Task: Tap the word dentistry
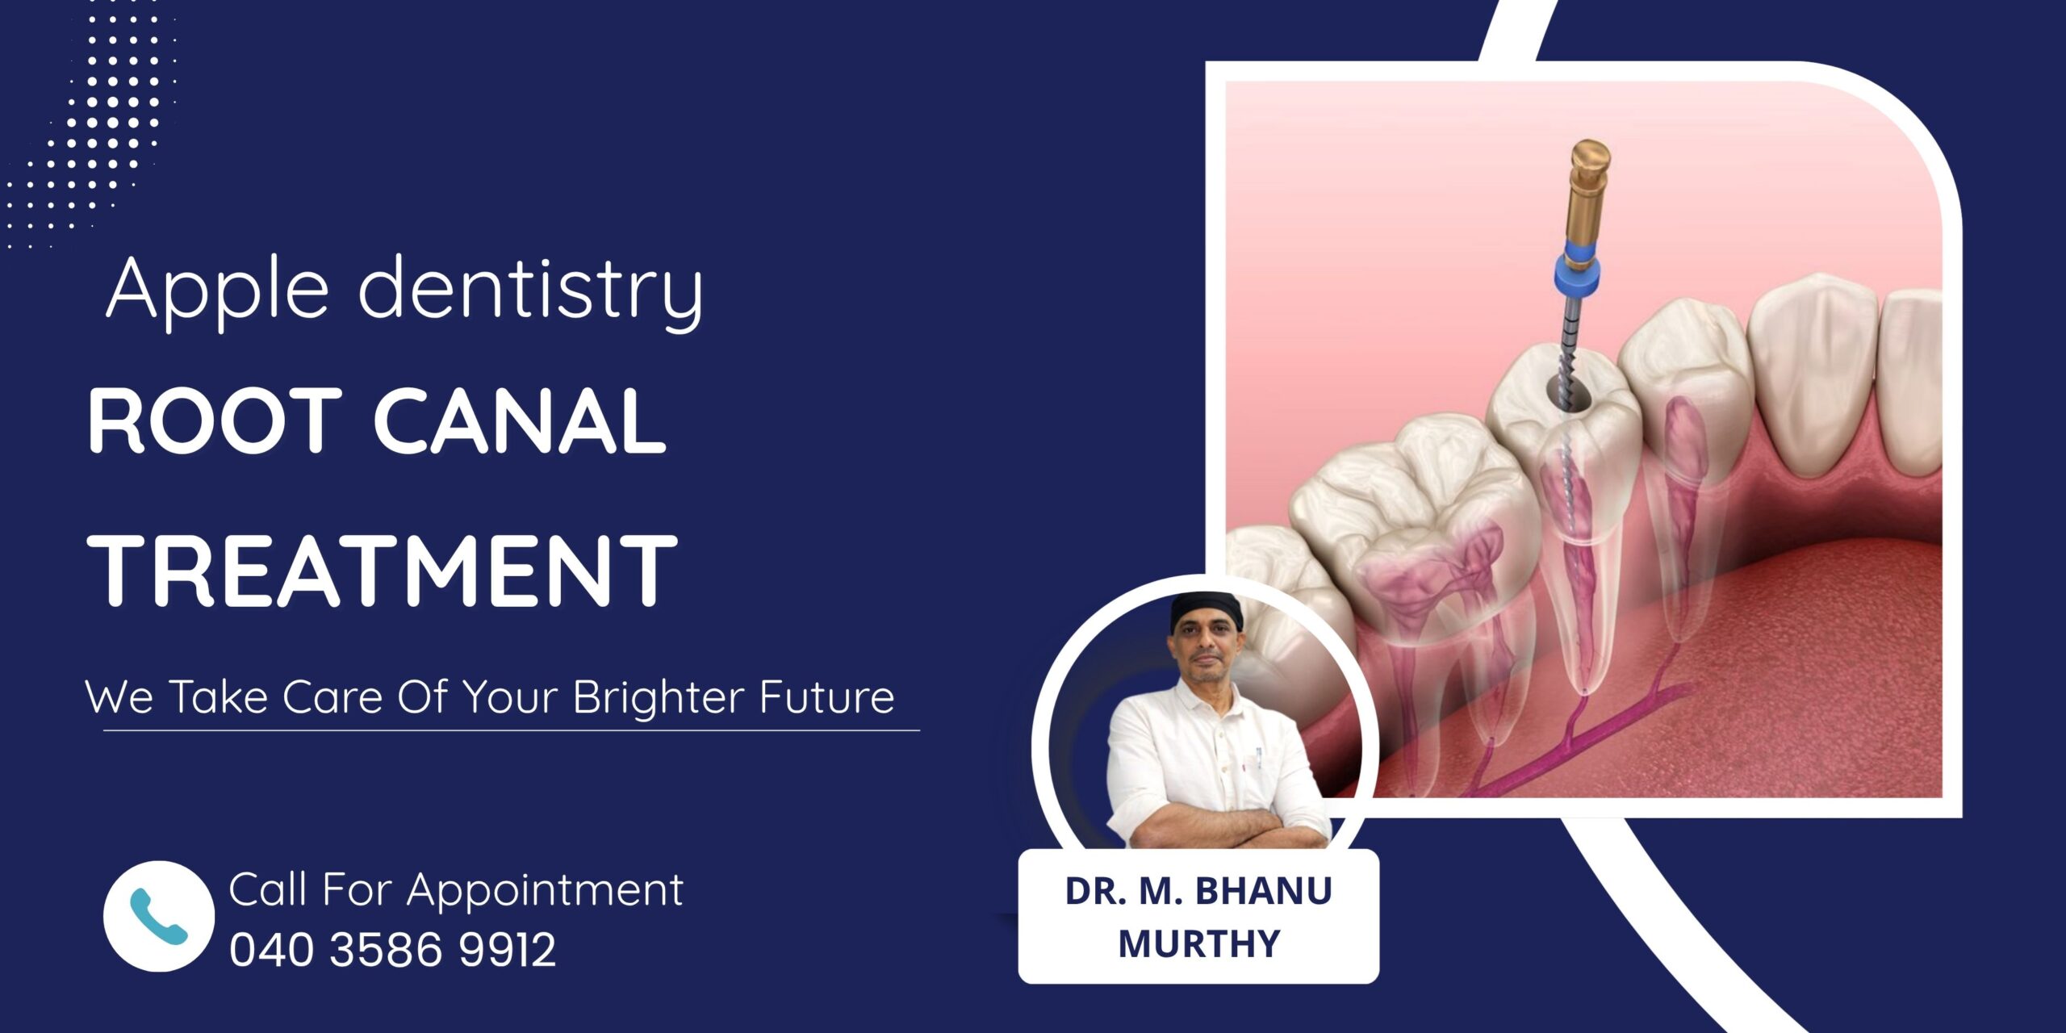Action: [x=531, y=291]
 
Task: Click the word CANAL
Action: [x=520, y=421]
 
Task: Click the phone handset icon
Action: [x=158, y=916]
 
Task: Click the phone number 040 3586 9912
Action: [x=393, y=949]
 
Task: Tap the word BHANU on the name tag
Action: [x=1263, y=891]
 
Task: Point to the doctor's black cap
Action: [x=1206, y=610]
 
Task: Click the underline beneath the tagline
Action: [x=512, y=730]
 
